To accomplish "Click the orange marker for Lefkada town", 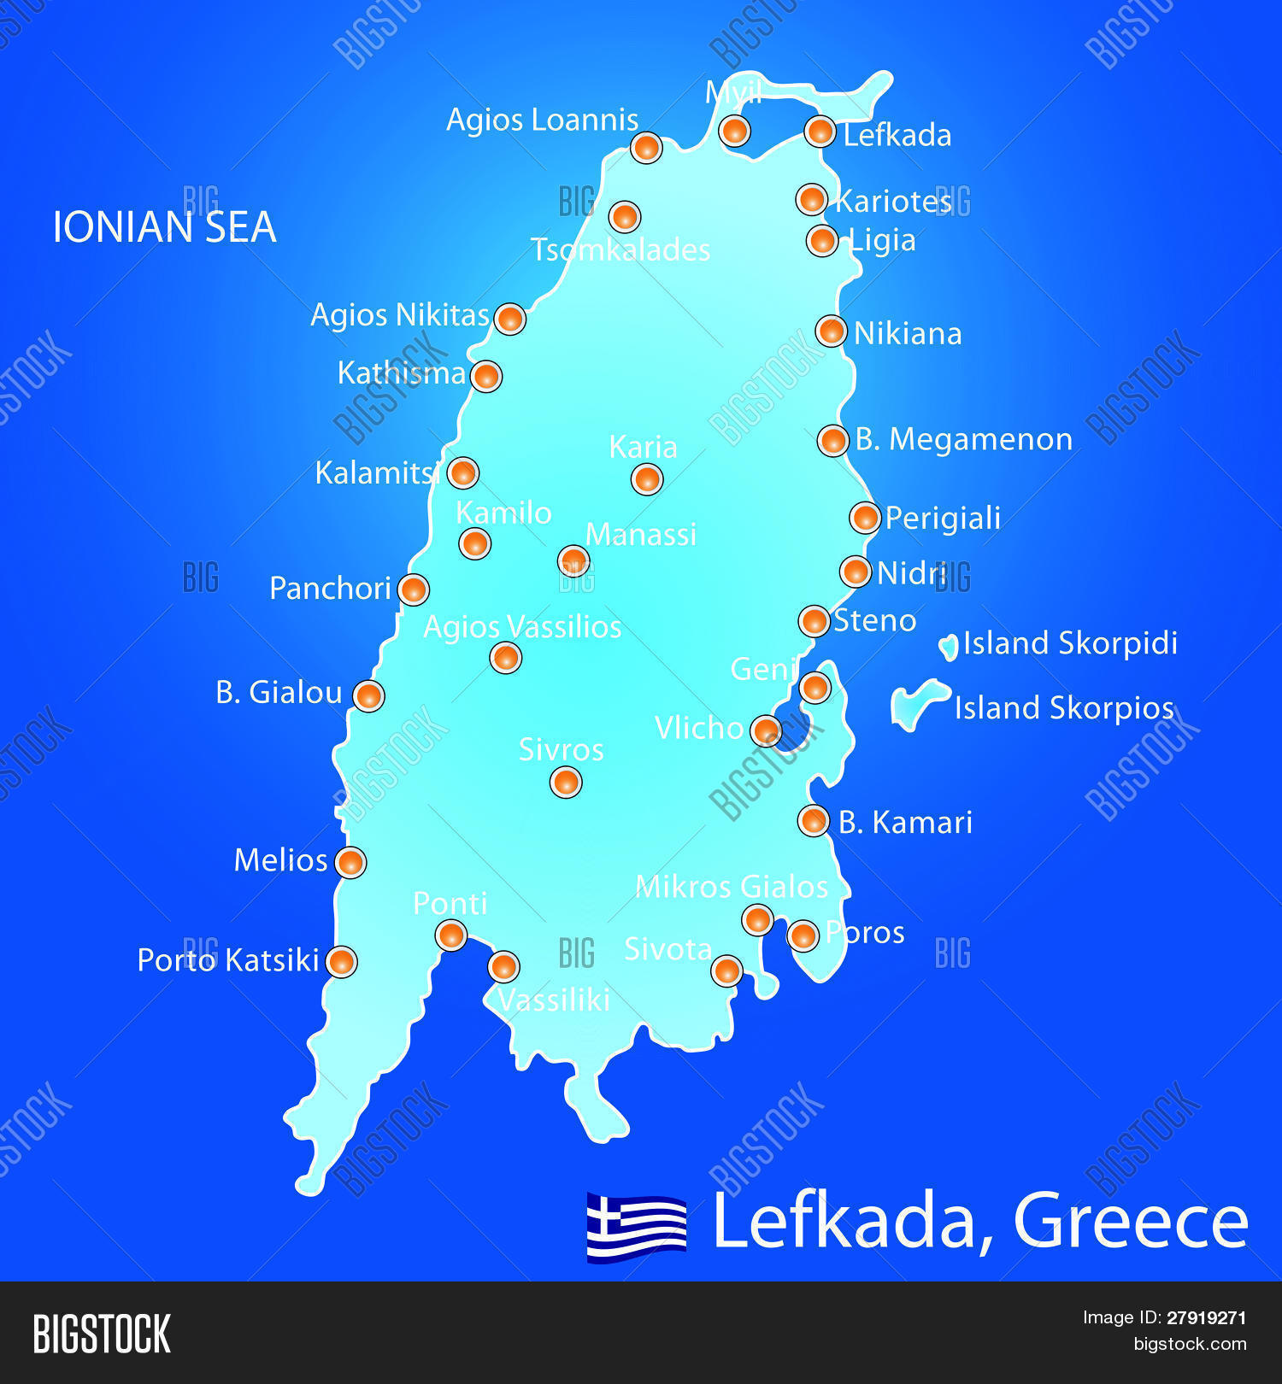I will point(820,132).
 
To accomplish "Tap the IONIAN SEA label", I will point(164,227).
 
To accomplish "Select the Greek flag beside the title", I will point(636,1227).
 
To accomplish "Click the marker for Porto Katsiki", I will point(342,962).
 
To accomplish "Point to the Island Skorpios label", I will point(1063,707).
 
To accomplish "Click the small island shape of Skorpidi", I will point(949,648).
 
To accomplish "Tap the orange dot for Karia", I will point(647,479).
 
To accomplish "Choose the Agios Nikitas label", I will point(399,314).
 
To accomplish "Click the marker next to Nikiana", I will point(831,331).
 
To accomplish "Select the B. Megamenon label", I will point(963,439).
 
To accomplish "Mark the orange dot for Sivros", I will point(566,782).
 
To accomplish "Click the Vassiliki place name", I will point(554,1000).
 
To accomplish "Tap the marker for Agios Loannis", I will point(646,147).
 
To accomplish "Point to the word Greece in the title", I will point(1130,1222).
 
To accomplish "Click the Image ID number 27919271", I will point(1206,1317).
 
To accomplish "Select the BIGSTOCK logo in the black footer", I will point(102,1334).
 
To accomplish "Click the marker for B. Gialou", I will point(368,696).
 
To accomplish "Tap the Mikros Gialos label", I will point(732,887).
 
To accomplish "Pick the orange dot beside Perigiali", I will point(865,518).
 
